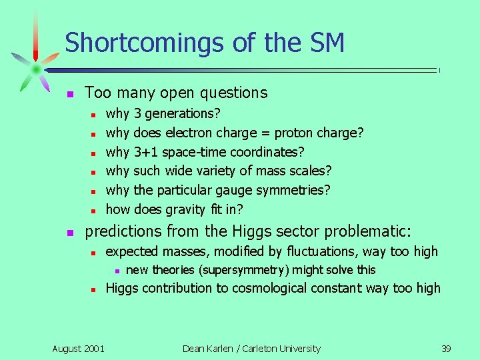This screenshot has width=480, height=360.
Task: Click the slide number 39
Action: tap(447, 349)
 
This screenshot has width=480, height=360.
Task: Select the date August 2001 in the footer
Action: tap(78, 349)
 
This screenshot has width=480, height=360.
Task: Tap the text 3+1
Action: tap(146, 152)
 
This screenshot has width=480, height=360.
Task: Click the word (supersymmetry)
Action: tap(247, 270)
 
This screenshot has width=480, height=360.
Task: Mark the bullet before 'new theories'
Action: tap(116, 271)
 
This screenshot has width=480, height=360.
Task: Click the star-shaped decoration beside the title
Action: tap(35, 69)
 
